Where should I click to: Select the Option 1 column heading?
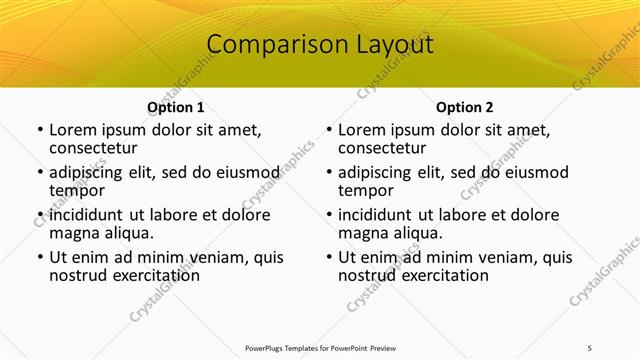pyautogui.click(x=176, y=107)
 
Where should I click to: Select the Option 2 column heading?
pyautogui.click(x=465, y=107)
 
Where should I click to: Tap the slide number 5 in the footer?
pyautogui.click(x=590, y=347)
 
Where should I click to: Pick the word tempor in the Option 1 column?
pyautogui.click(x=77, y=190)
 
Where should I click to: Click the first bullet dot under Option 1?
pyautogui.click(x=39, y=131)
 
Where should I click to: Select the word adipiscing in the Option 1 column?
pyautogui.click(x=91, y=173)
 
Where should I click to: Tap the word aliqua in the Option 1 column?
pyautogui.click(x=128, y=233)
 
